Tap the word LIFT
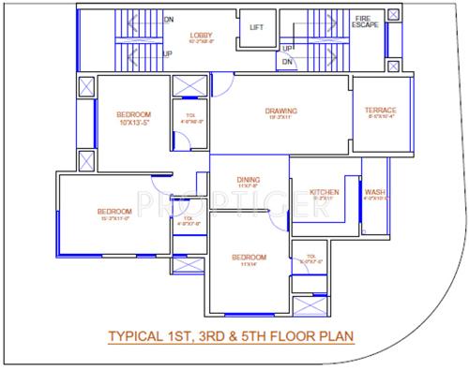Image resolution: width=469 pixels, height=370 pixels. pos(256,27)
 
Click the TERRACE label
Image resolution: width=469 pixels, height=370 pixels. pos(380,111)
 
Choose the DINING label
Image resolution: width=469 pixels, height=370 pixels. pos(249,179)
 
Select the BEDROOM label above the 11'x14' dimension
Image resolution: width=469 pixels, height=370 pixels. pos(249,257)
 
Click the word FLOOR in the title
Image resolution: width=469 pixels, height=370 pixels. pos(294,335)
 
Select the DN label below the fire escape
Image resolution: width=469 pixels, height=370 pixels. pos(288,62)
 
